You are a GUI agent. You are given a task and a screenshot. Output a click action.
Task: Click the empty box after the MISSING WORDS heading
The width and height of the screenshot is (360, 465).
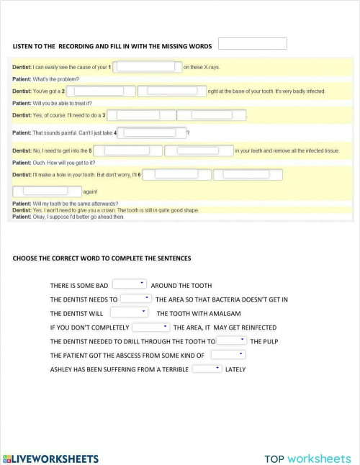[252, 44]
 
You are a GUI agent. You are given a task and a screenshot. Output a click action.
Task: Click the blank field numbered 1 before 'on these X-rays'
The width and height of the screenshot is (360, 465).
[146, 67]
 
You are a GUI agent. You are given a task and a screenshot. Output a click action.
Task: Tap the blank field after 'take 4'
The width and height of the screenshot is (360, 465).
[151, 132]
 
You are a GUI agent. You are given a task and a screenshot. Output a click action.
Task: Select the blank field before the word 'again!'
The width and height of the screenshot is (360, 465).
[46, 191]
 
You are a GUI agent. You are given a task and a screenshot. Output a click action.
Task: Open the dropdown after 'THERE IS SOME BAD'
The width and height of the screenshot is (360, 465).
[130, 284]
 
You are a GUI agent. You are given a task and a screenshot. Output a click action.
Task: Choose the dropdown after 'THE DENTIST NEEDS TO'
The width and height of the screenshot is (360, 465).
[135, 298]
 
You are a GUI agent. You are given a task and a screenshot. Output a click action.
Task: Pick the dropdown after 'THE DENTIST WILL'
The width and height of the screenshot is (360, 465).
[129, 312]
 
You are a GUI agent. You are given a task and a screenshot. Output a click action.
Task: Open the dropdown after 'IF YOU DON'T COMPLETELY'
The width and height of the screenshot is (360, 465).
[150, 327]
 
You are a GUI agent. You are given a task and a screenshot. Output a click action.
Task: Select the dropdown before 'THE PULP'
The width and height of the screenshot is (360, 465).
[232, 340]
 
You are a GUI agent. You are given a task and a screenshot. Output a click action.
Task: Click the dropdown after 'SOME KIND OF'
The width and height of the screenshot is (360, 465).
[228, 355]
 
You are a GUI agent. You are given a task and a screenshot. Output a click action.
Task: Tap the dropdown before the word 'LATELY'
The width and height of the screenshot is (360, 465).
[207, 369]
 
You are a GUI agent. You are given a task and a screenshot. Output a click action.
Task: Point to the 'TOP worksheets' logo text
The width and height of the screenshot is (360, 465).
[307, 458]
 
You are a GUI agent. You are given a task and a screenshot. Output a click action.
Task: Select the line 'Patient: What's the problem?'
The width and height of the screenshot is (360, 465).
[46, 79]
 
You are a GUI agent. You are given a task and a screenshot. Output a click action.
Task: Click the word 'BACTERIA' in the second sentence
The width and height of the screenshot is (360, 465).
[217, 299]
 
